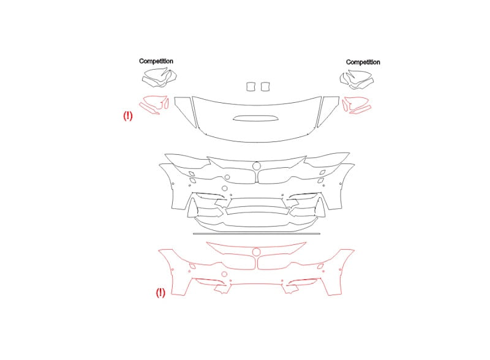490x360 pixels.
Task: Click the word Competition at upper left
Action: tap(156, 61)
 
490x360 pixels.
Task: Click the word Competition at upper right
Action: tap(363, 62)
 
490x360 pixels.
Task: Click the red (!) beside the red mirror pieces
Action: tap(128, 116)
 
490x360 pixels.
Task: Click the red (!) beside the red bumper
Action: tap(160, 293)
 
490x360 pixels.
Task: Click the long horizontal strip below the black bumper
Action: tap(257, 233)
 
